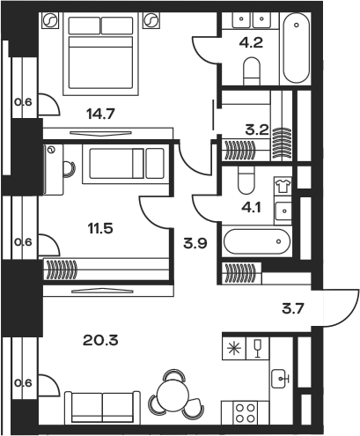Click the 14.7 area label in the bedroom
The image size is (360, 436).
pyautogui.click(x=100, y=114)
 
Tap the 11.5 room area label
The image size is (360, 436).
pyautogui.click(x=100, y=228)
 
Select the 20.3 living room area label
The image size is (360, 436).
pyautogui.click(x=100, y=340)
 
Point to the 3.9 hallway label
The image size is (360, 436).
pyautogui.click(x=195, y=243)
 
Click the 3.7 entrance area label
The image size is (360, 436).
pyautogui.click(x=293, y=309)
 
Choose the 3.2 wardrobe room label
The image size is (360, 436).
pyautogui.click(x=257, y=129)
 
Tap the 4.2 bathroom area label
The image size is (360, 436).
pyautogui.click(x=251, y=43)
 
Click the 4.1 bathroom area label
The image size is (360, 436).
pyautogui.click(x=252, y=208)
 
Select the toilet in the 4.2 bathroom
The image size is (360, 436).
pyautogui.click(x=252, y=71)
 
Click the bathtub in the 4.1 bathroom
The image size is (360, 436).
pyautogui.click(x=257, y=241)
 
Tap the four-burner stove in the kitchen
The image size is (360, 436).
pyautogui.click(x=246, y=413)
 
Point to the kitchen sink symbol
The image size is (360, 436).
pyautogui.click(x=280, y=379)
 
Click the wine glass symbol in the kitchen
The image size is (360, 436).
pyautogui.click(x=258, y=349)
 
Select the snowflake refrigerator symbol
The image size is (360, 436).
pyautogui.click(x=234, y=349)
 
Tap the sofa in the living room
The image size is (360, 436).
pyautogui.click(x=102, y=407)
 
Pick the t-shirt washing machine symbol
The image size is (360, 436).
pyautogui.click(x=283, y=186)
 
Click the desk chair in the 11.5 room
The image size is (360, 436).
pyautogui.click(x=69, y=169)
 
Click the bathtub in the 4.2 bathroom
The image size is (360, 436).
pyautogui.click(x=296, y=48)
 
